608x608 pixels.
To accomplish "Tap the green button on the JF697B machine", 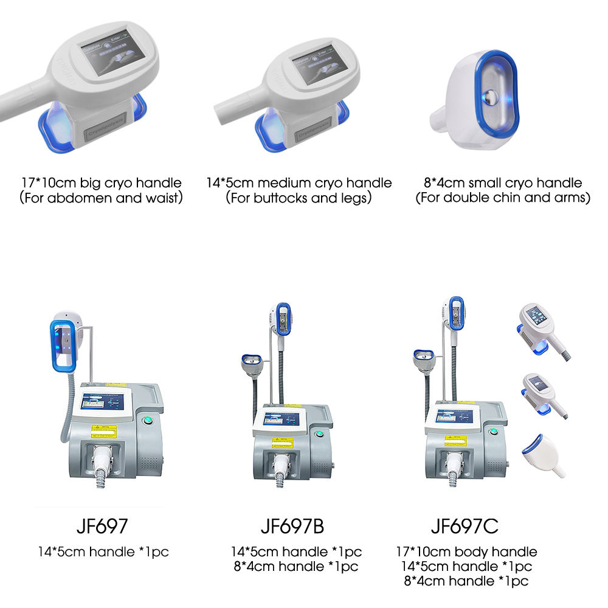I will coord(317,435).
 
